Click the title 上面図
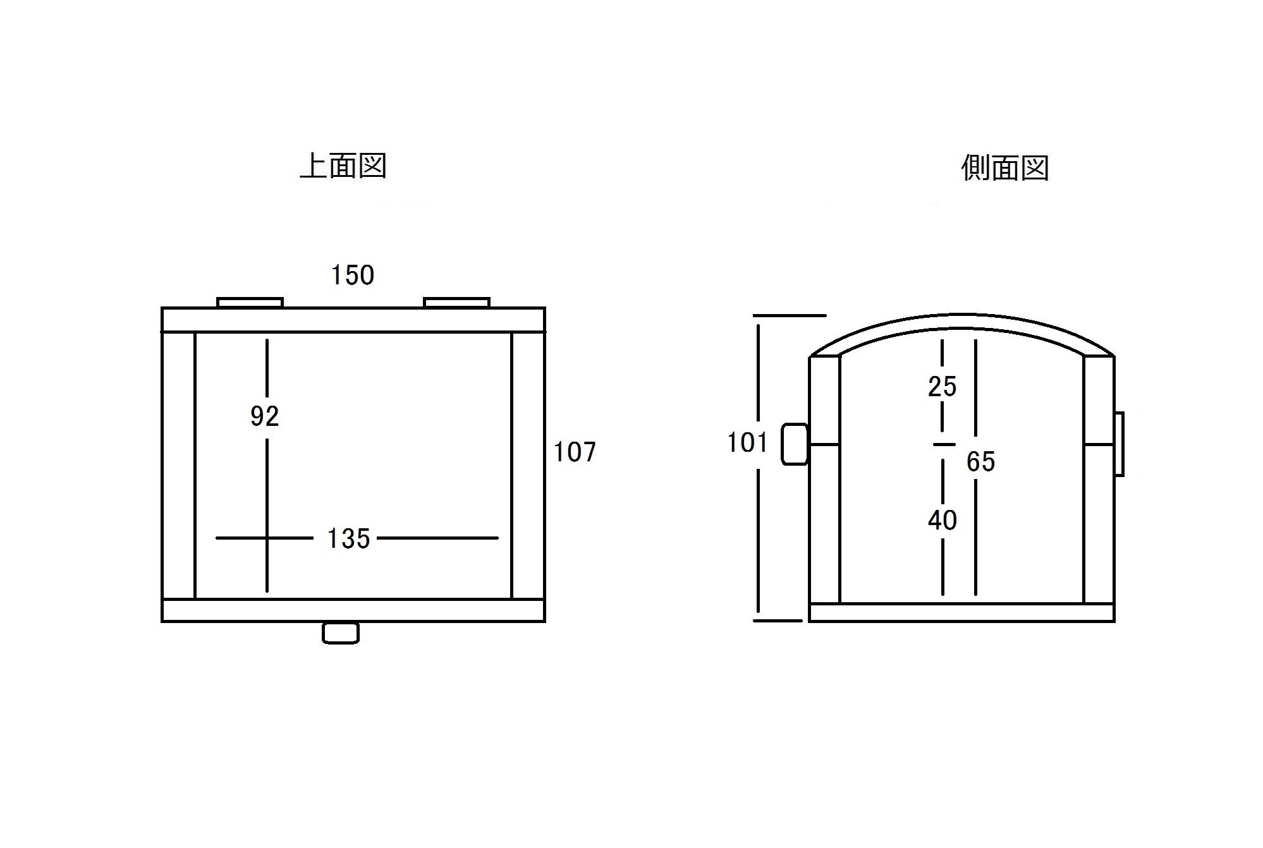(x=343, y=166)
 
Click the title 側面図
(x=1004, y=168)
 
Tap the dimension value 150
(x=353, y=276)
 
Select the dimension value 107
(x=575, y=452)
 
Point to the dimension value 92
(x=264, y=416)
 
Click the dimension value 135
(x=348, y=539)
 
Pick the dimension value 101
(x=747, y=443)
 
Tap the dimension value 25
(x=942, y=387)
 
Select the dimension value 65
(x=980, y=462)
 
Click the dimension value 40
(x=942, y=520)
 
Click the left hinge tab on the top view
(x=250, y=303)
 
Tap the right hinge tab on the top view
(x=456, y=303)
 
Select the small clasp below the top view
(x=341, y=633)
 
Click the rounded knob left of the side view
(x=795, y=445)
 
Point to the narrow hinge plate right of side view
(x=1119, y=444)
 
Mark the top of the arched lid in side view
(x=961, y=313)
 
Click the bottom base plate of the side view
(x=961, y=612)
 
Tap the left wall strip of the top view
(x=178, y=465)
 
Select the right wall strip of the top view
(x=528, y=465)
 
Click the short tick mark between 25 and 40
(x=944, y=444)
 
